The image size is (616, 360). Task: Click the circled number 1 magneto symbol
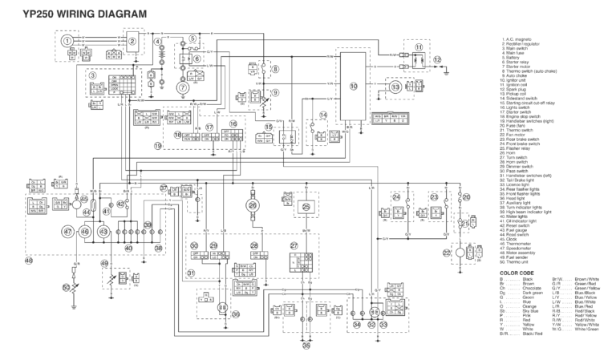click(x=68, y=40)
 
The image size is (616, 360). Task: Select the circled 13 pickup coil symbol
click(x=395, y=87)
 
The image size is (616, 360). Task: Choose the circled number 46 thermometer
click(x=85, y=232)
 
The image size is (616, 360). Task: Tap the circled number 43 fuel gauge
click(x=103, y=232)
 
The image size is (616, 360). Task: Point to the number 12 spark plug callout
click(x=437, y=59)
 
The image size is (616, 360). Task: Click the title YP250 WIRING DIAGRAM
click(x=74, y=14)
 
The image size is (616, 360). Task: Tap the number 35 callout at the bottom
click(x=305, y=346)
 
